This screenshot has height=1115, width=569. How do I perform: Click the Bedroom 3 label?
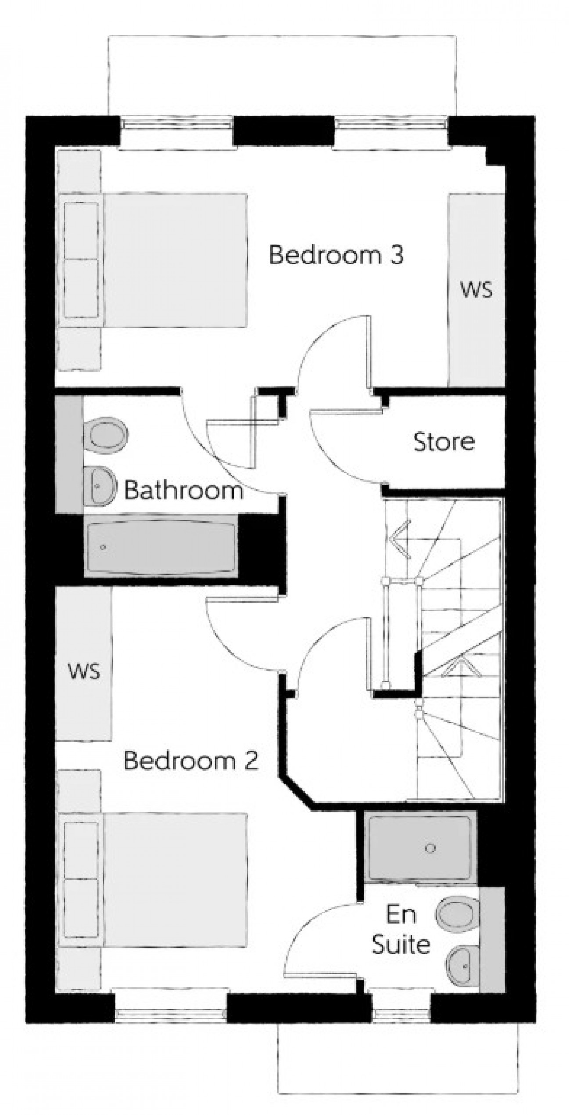click(336, 255)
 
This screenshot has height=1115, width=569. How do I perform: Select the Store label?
click(444, 442)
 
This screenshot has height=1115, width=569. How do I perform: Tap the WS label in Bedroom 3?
click(476, 290)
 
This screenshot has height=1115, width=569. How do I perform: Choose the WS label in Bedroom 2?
click(84, 671)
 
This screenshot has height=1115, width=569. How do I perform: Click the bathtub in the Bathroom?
click(161, 546)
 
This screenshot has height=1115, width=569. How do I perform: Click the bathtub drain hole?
click(103, 547)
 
